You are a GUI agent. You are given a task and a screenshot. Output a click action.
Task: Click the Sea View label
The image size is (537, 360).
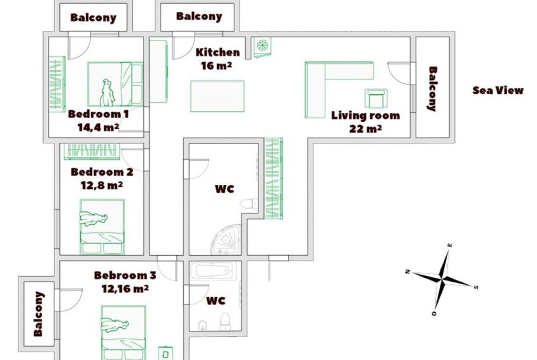click(x=498, y=90)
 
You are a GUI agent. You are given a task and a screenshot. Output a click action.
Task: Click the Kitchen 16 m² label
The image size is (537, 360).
click(x=217, y=59)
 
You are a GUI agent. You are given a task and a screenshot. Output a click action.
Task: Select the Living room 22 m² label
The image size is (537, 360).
click(x=365, y=122)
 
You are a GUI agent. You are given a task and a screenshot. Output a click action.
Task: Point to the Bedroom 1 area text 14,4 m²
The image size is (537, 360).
click(x=99, y=127)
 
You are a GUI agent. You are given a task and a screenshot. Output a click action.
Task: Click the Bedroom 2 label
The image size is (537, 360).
click(x=102, y=172)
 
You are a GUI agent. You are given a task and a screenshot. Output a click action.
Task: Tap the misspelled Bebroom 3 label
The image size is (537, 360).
click(x=125, y=275)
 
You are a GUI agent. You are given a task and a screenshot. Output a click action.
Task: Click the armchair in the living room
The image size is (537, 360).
click(x=376, y=99)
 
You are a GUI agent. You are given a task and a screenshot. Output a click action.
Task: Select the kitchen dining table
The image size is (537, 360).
click(x=217, y=96)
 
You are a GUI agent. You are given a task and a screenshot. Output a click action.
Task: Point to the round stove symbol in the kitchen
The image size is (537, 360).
click(x=262, y=45)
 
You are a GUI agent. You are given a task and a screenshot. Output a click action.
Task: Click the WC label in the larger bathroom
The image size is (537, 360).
click(x=225, y=189)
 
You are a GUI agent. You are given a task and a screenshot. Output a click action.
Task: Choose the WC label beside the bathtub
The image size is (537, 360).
click(x=216, y=301)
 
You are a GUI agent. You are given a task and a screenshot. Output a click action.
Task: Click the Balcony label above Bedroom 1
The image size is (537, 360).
click(x=93, y=18)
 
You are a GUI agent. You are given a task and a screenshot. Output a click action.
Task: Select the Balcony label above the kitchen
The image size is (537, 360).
click(x=199, y=16)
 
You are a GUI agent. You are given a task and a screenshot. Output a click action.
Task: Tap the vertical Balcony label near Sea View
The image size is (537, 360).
click(x=433, y=88)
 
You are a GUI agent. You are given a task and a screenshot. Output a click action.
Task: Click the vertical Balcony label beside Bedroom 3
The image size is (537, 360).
click(x=39, y=314)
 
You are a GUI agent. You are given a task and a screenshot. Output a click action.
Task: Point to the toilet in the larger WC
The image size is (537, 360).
click(x=249, y=203)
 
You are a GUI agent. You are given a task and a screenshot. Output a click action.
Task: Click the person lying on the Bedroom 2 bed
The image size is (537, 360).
click(x=94, y=219)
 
